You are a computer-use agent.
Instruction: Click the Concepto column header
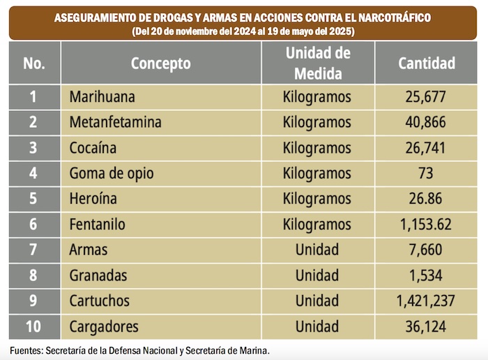160,63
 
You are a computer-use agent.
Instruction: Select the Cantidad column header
426,63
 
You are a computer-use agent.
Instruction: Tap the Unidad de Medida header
317,63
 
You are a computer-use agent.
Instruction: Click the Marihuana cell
102,97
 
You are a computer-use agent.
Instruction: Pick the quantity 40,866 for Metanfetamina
426,122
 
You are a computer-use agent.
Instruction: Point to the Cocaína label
93,148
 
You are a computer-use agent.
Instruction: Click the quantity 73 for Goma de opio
426,173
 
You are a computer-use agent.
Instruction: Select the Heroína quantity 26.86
426,199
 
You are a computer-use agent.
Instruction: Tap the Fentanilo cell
98,225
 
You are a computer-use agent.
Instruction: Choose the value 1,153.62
426,225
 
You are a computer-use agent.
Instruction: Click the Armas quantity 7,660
426,250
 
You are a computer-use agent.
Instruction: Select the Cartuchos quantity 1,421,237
426,301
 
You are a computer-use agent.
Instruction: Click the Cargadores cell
104,327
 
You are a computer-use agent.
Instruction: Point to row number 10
33,327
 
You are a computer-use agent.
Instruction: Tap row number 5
33,199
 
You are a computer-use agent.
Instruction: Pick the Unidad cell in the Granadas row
317,276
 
